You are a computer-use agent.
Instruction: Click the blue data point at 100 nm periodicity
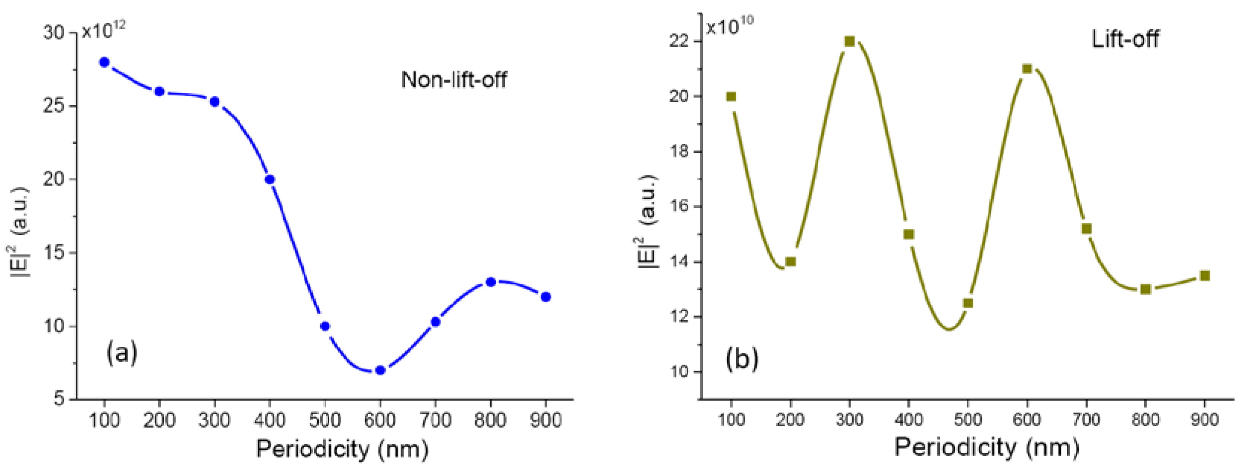coord(104,62)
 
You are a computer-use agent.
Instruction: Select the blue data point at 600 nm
coord(380,370)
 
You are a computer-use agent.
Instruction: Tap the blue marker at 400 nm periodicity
coord(270,180)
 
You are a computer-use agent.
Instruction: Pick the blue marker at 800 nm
coord(491,282)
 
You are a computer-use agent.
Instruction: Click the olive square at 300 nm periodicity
coord(849,41)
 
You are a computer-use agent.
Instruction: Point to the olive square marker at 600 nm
coord(1027,69)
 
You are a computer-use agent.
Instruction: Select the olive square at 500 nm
coord(968,303)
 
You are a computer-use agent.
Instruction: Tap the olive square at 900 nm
coord(1205,275)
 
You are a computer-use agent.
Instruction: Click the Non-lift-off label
coord(454,79)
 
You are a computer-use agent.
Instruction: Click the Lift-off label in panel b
coord(1125,38)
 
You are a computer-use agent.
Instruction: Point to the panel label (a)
coord(122,353)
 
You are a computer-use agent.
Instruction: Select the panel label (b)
coord(742,359)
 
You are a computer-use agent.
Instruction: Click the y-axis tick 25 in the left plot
coord(54,106)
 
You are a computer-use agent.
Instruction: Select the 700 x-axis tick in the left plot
coord(436,420)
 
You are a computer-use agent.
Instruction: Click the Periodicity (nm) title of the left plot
coord(342,449)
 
